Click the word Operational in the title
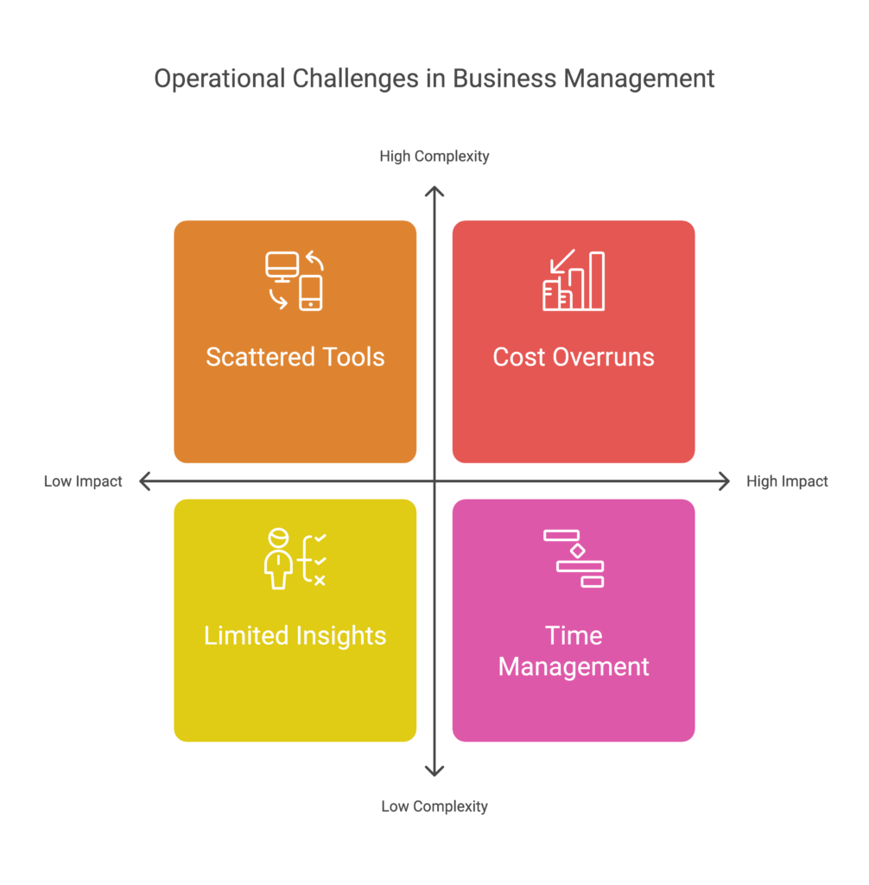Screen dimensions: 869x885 click(219, 79)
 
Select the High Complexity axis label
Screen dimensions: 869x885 click(434, 156)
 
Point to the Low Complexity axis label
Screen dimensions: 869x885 click(434, 806)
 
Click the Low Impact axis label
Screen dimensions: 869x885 click(83, 481)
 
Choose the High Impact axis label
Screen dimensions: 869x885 click(787, 481)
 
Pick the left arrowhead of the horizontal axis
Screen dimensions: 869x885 click(144, 481)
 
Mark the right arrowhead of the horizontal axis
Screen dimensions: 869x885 click(725, 481)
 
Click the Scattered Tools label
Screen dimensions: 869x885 click(295, 357)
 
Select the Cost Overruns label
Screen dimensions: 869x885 click(574, 357)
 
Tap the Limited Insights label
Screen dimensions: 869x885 click(295, 636)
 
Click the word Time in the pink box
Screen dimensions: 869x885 click(574, 636)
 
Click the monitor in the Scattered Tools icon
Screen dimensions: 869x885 click(282, 266)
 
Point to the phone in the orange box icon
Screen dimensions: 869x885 click(310, 293)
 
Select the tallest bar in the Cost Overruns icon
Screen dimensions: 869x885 click(597, 281)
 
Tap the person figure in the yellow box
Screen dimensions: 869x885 click(278, 559)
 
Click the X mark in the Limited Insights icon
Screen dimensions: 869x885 click(320, 580)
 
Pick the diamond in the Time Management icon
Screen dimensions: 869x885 click(577, 551)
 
